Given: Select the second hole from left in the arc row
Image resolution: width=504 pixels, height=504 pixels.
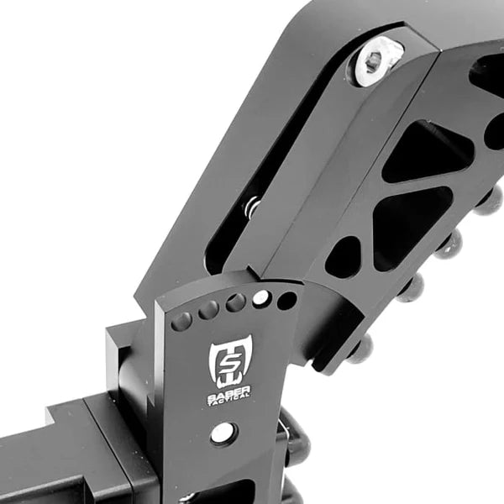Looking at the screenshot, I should pyautogui.click(x=207, y=311).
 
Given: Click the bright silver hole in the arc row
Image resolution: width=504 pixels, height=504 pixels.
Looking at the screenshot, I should pyautogui.click(x=261, y=298).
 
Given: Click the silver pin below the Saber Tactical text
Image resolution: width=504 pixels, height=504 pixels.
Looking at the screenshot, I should pyautogui.click(x=223, y=433).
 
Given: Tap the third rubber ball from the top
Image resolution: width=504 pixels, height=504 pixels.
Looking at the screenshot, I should pyautogui.click(x=412, y=288).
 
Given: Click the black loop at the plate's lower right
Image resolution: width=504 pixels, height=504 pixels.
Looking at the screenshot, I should pyautogui.click(x=294, y=437).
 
